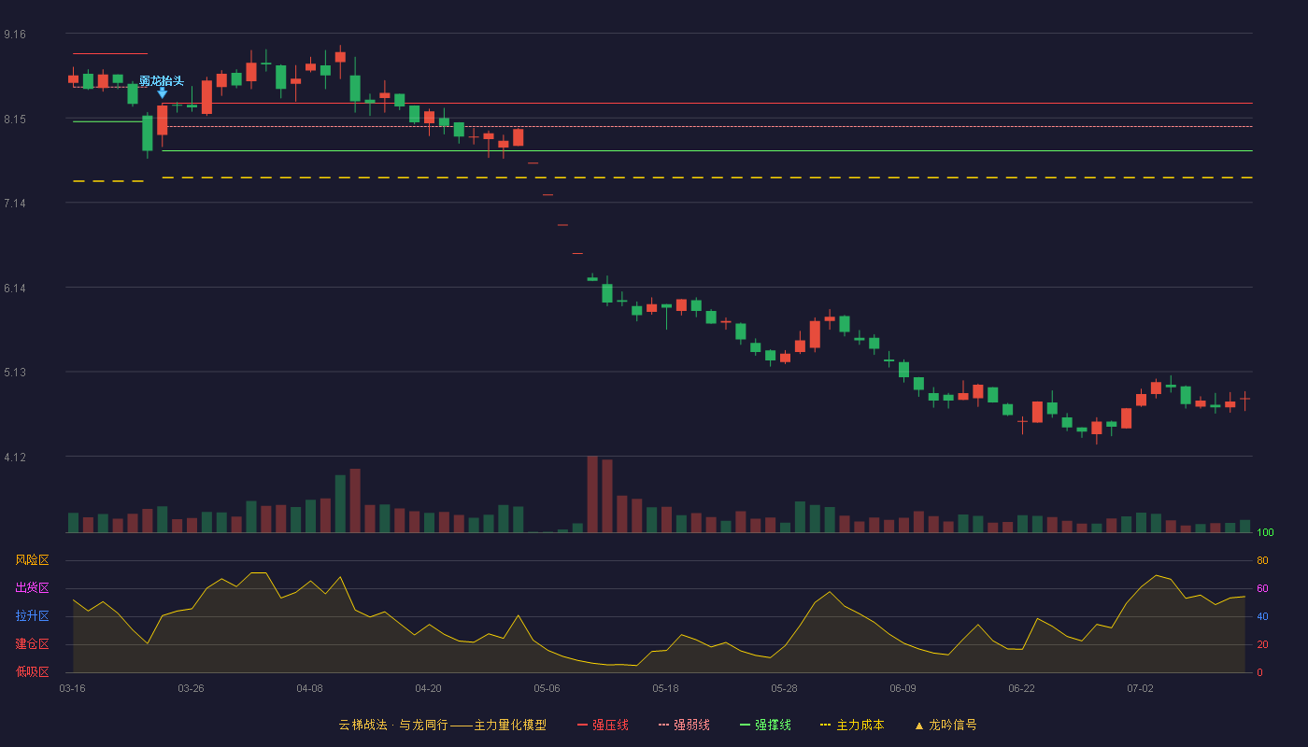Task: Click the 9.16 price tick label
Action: (15, 35)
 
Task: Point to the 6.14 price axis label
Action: (15, 289)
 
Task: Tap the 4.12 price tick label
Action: (15, 458)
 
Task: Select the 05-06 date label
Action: (547, 689)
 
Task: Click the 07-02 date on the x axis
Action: (1140, 689)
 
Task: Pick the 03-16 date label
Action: (73, 689)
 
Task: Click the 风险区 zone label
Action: (32, 560)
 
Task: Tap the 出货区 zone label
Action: (32, 587)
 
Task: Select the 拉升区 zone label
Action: (32, 615)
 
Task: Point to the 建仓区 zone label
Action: (32, 643)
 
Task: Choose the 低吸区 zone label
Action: (32, 671)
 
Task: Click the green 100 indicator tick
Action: (1265, 532)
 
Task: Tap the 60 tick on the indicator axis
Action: (1262, 588)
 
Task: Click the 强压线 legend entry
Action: (603, 725)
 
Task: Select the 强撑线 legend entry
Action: (765, 725)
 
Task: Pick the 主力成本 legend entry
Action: (852, 725)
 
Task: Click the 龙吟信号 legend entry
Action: (945, 725)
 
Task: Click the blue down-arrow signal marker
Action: (163, 92)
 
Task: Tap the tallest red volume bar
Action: (592, 494)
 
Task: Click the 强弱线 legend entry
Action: (684, 725)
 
